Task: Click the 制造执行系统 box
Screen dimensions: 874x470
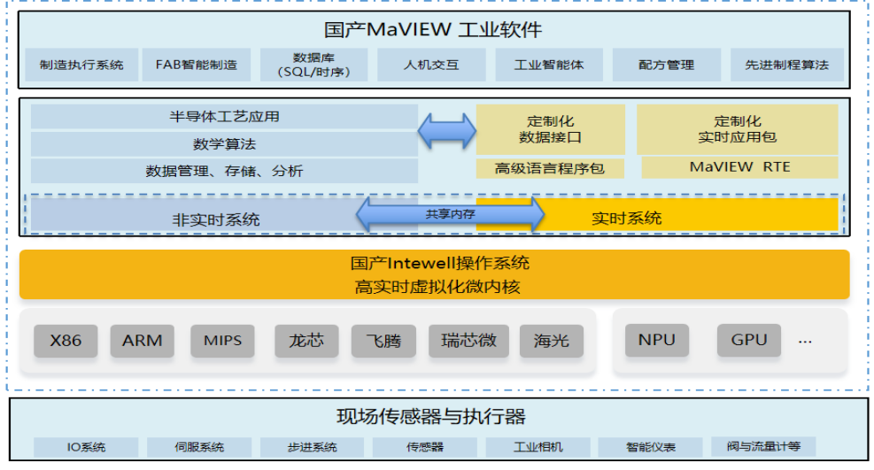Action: [x=81, y=65]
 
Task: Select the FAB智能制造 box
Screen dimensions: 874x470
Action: [x=197, y=65]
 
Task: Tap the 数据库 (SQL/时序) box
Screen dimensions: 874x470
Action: [x=313, y=65]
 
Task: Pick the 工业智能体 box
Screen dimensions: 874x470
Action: [x=549, y=65]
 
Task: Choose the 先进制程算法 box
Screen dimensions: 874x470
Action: [x=787, y=65]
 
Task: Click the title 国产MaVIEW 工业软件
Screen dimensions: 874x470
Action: [x=433, y=29]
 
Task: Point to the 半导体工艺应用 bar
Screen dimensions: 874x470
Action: [x=224, y=116]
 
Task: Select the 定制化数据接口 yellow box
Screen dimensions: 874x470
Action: [x=550, y=129]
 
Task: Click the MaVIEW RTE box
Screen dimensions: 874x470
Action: [x=739, y=167]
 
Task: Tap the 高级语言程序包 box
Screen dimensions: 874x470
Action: [x=550, y=168]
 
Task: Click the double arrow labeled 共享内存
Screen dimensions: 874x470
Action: [x=451, y=214]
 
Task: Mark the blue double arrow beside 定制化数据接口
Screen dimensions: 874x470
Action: [x=447, y=131]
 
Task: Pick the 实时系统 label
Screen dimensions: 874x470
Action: [x=627, y=219]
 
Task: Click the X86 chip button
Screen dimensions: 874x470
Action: [x=66, y=340]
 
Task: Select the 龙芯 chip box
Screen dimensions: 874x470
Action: [x=306, y=340]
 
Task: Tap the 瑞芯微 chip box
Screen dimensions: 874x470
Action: [x=468, y=340]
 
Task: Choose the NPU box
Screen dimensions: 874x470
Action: [x=657, y=340]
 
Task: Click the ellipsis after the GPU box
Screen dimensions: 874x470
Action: [x=805, y=342]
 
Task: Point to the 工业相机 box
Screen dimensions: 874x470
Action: [x=538, y=447]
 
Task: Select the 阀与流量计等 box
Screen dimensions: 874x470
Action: [x=763, y=446]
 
